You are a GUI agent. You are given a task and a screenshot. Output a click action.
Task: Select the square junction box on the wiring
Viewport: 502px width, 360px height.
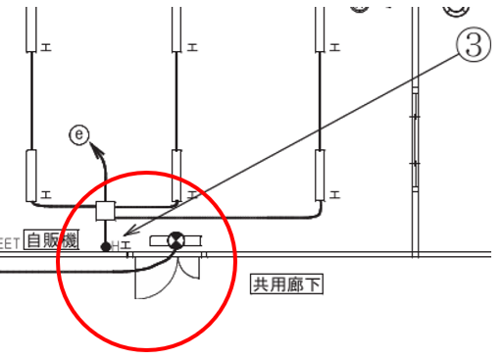pyautogui.click(x=107, y=211)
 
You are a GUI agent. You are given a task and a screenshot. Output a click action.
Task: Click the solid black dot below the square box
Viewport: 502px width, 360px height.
pyautogui.click(x=106, y=246)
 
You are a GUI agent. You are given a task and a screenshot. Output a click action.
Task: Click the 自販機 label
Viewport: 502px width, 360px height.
pyautogui.click(x=52, y=239)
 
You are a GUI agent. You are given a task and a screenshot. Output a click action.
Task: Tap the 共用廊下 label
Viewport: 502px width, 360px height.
pyautogui.click(x=287, y=284)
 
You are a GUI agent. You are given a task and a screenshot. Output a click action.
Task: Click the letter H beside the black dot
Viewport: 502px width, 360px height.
pyautogui.click(x=116, y=245)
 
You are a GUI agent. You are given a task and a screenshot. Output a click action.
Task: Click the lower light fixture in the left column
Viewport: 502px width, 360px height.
pyautogui.click(x=31, y=176)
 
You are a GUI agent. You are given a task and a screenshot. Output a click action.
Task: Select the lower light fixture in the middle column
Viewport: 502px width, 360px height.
pyautogui.click(x=176, y=174)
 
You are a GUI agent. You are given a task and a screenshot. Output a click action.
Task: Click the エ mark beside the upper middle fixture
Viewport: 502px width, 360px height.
pyautogui.click(x=191, y=46)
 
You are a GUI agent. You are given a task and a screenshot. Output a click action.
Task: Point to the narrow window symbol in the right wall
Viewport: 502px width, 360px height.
pyautogui.click(x=414, y=128)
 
